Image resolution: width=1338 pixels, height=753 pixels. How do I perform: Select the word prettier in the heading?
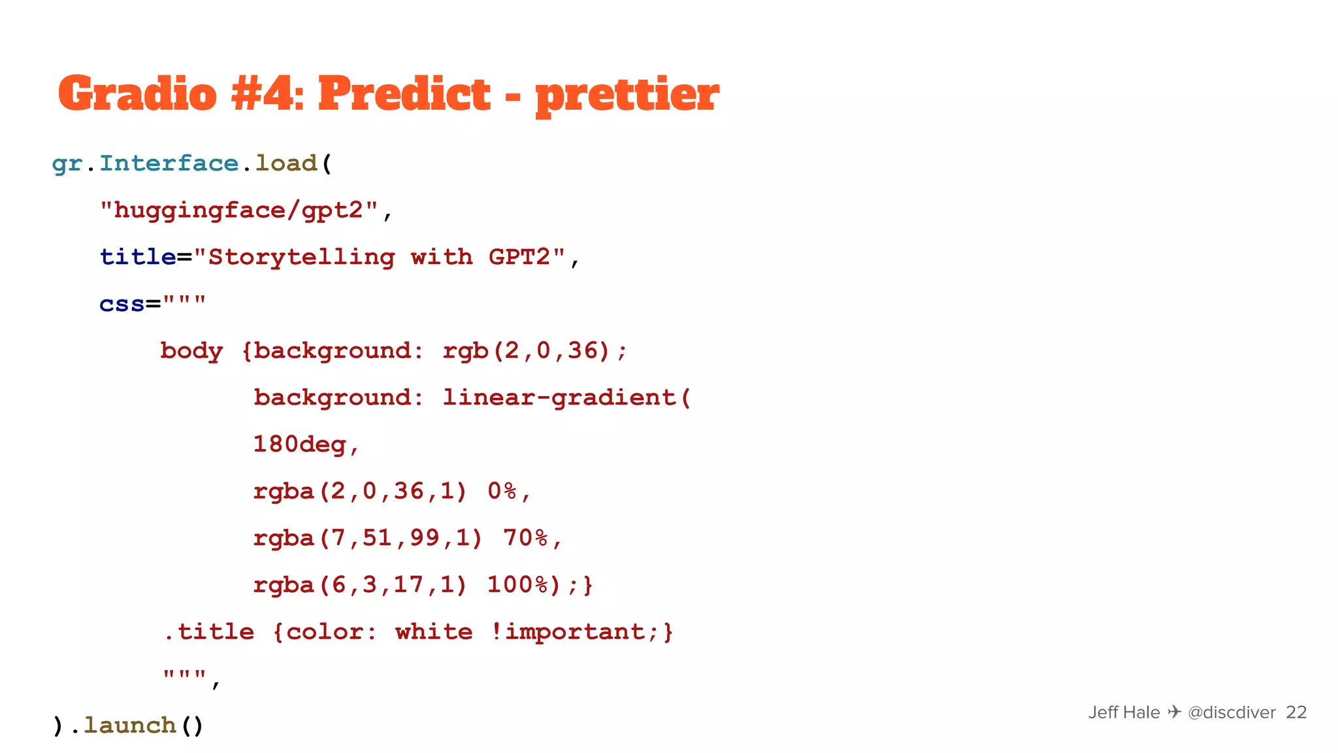tap(627, 95)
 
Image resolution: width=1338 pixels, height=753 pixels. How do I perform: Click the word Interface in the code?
tap(169, 163)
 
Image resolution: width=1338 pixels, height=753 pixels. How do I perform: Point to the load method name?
tap(286, 163)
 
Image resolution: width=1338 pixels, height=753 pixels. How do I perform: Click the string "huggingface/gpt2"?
tap(239, 210)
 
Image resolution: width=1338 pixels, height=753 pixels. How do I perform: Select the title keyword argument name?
tap(137, 257)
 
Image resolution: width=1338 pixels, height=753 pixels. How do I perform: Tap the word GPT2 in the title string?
tap(520, 257)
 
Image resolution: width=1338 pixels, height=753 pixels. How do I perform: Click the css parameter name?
tap(122, 304)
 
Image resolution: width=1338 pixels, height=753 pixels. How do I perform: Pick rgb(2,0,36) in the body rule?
tap(527, 351)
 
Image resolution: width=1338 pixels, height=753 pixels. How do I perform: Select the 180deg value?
tap(300, 444)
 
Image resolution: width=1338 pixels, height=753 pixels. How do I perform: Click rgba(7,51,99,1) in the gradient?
tap(368, 538)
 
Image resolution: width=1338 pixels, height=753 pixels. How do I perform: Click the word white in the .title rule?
tap(434, 632)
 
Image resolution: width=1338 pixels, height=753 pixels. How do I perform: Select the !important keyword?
tap(568, 632)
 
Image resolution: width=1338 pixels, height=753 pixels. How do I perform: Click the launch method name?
tap(130, 726)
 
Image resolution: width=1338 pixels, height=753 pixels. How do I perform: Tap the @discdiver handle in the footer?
tap(1232, 712)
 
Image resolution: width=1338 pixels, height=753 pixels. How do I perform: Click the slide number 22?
tap(1296, 712)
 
